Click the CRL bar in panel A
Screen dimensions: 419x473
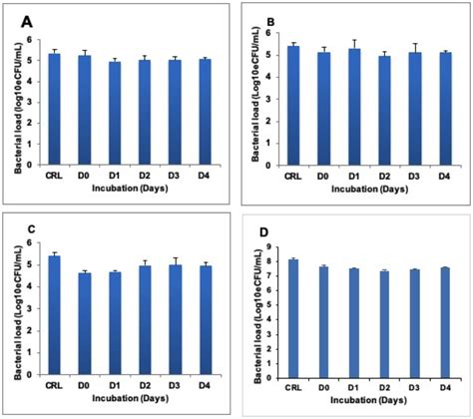(x=54, y=110)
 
